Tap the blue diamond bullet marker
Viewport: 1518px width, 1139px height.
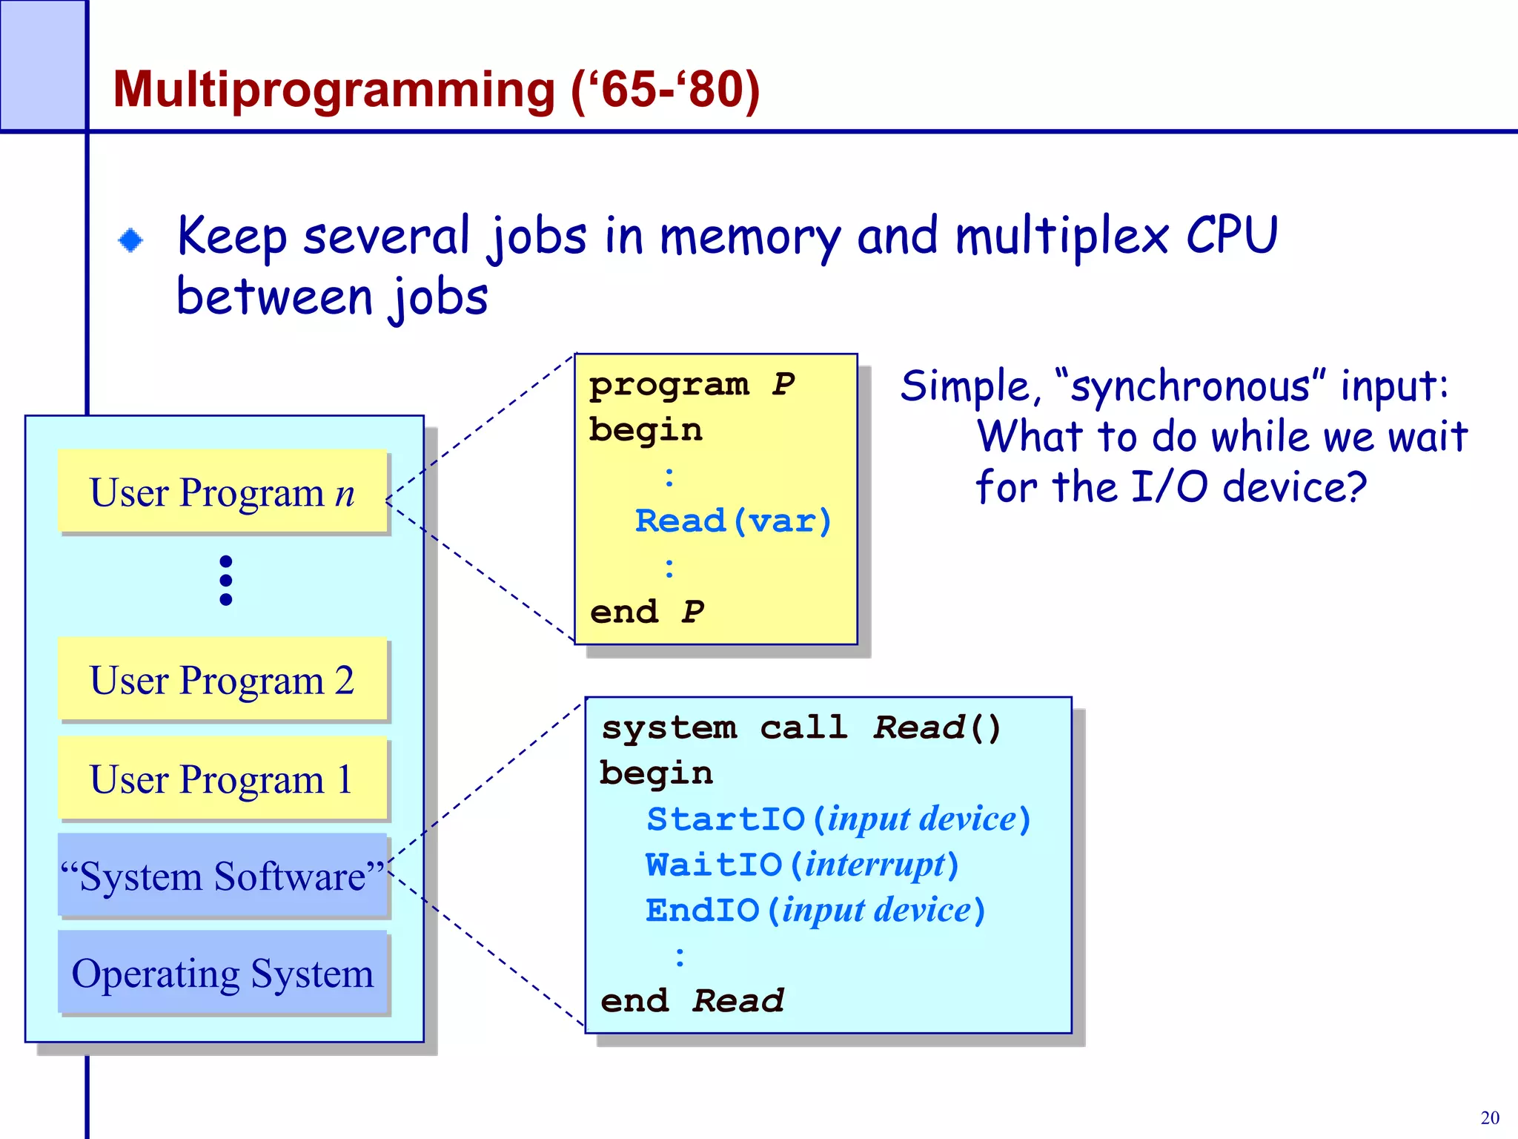pos(131,240)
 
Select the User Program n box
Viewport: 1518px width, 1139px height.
pos(222,492)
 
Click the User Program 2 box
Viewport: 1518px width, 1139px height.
pos(222,679)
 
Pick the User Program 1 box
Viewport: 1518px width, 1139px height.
pos(222,779)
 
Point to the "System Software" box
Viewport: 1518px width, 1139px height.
pos(222,876)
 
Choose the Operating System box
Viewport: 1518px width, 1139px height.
pos(222,973)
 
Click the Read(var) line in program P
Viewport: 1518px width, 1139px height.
pos(733,521)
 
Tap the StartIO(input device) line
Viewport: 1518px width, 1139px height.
pos(838,819)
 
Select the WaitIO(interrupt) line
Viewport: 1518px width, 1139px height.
pos(802,865)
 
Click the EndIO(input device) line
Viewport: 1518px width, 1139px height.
pos(815,911)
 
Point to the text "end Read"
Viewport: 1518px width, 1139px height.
pos(692,1001)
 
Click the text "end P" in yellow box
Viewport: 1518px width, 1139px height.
pos(646,613)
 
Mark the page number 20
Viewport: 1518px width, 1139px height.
pos(1489,1117)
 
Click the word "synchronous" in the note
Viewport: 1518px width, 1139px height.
pos(1190,387)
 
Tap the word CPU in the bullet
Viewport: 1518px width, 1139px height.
pos(1232,236)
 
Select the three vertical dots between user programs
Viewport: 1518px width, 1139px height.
pos(226,580)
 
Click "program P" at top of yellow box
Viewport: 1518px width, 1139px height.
pos(691,385)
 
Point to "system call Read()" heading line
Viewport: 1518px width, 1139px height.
pos(801,727)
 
